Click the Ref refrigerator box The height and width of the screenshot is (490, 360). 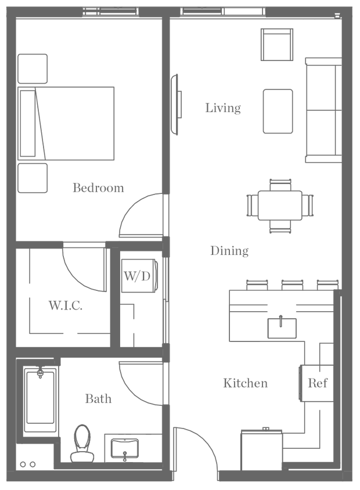pyautogui.click(x=315, y=383)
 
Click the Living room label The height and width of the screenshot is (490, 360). pyautogui.click(x=223, y=109)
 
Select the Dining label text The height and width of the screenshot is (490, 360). pyautogui.click(x=229, y=251)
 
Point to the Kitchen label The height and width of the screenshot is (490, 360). pyautogui.click(x=245, y=384)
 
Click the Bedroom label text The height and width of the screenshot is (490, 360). pyautogui.click(x=98, y=188)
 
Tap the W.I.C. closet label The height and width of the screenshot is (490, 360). pyautogui.click(x=64, y=305)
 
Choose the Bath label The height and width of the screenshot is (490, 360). pyautogui.click(x=98, y=399)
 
